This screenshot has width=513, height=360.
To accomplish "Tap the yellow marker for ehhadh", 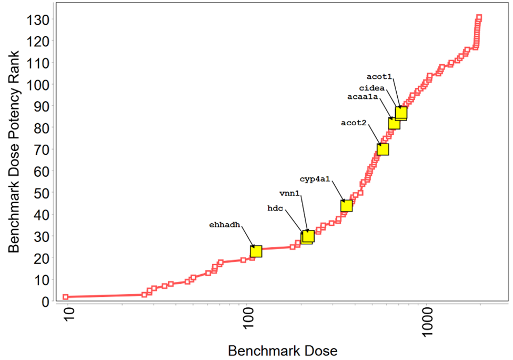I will coord(256,251).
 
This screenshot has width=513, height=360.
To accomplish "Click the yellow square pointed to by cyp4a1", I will coord(346,206).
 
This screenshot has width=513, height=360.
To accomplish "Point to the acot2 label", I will coord(354,123).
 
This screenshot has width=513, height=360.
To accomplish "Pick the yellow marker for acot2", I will coord(383,149).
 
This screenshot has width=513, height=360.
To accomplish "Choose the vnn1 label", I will coord(289,194).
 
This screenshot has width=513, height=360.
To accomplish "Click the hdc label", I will coord(275,208).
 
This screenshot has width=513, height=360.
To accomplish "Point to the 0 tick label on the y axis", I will coord(45,302).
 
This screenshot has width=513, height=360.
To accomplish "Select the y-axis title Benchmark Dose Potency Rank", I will coord(14,151).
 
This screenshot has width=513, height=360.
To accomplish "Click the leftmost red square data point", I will coord(66,297).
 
